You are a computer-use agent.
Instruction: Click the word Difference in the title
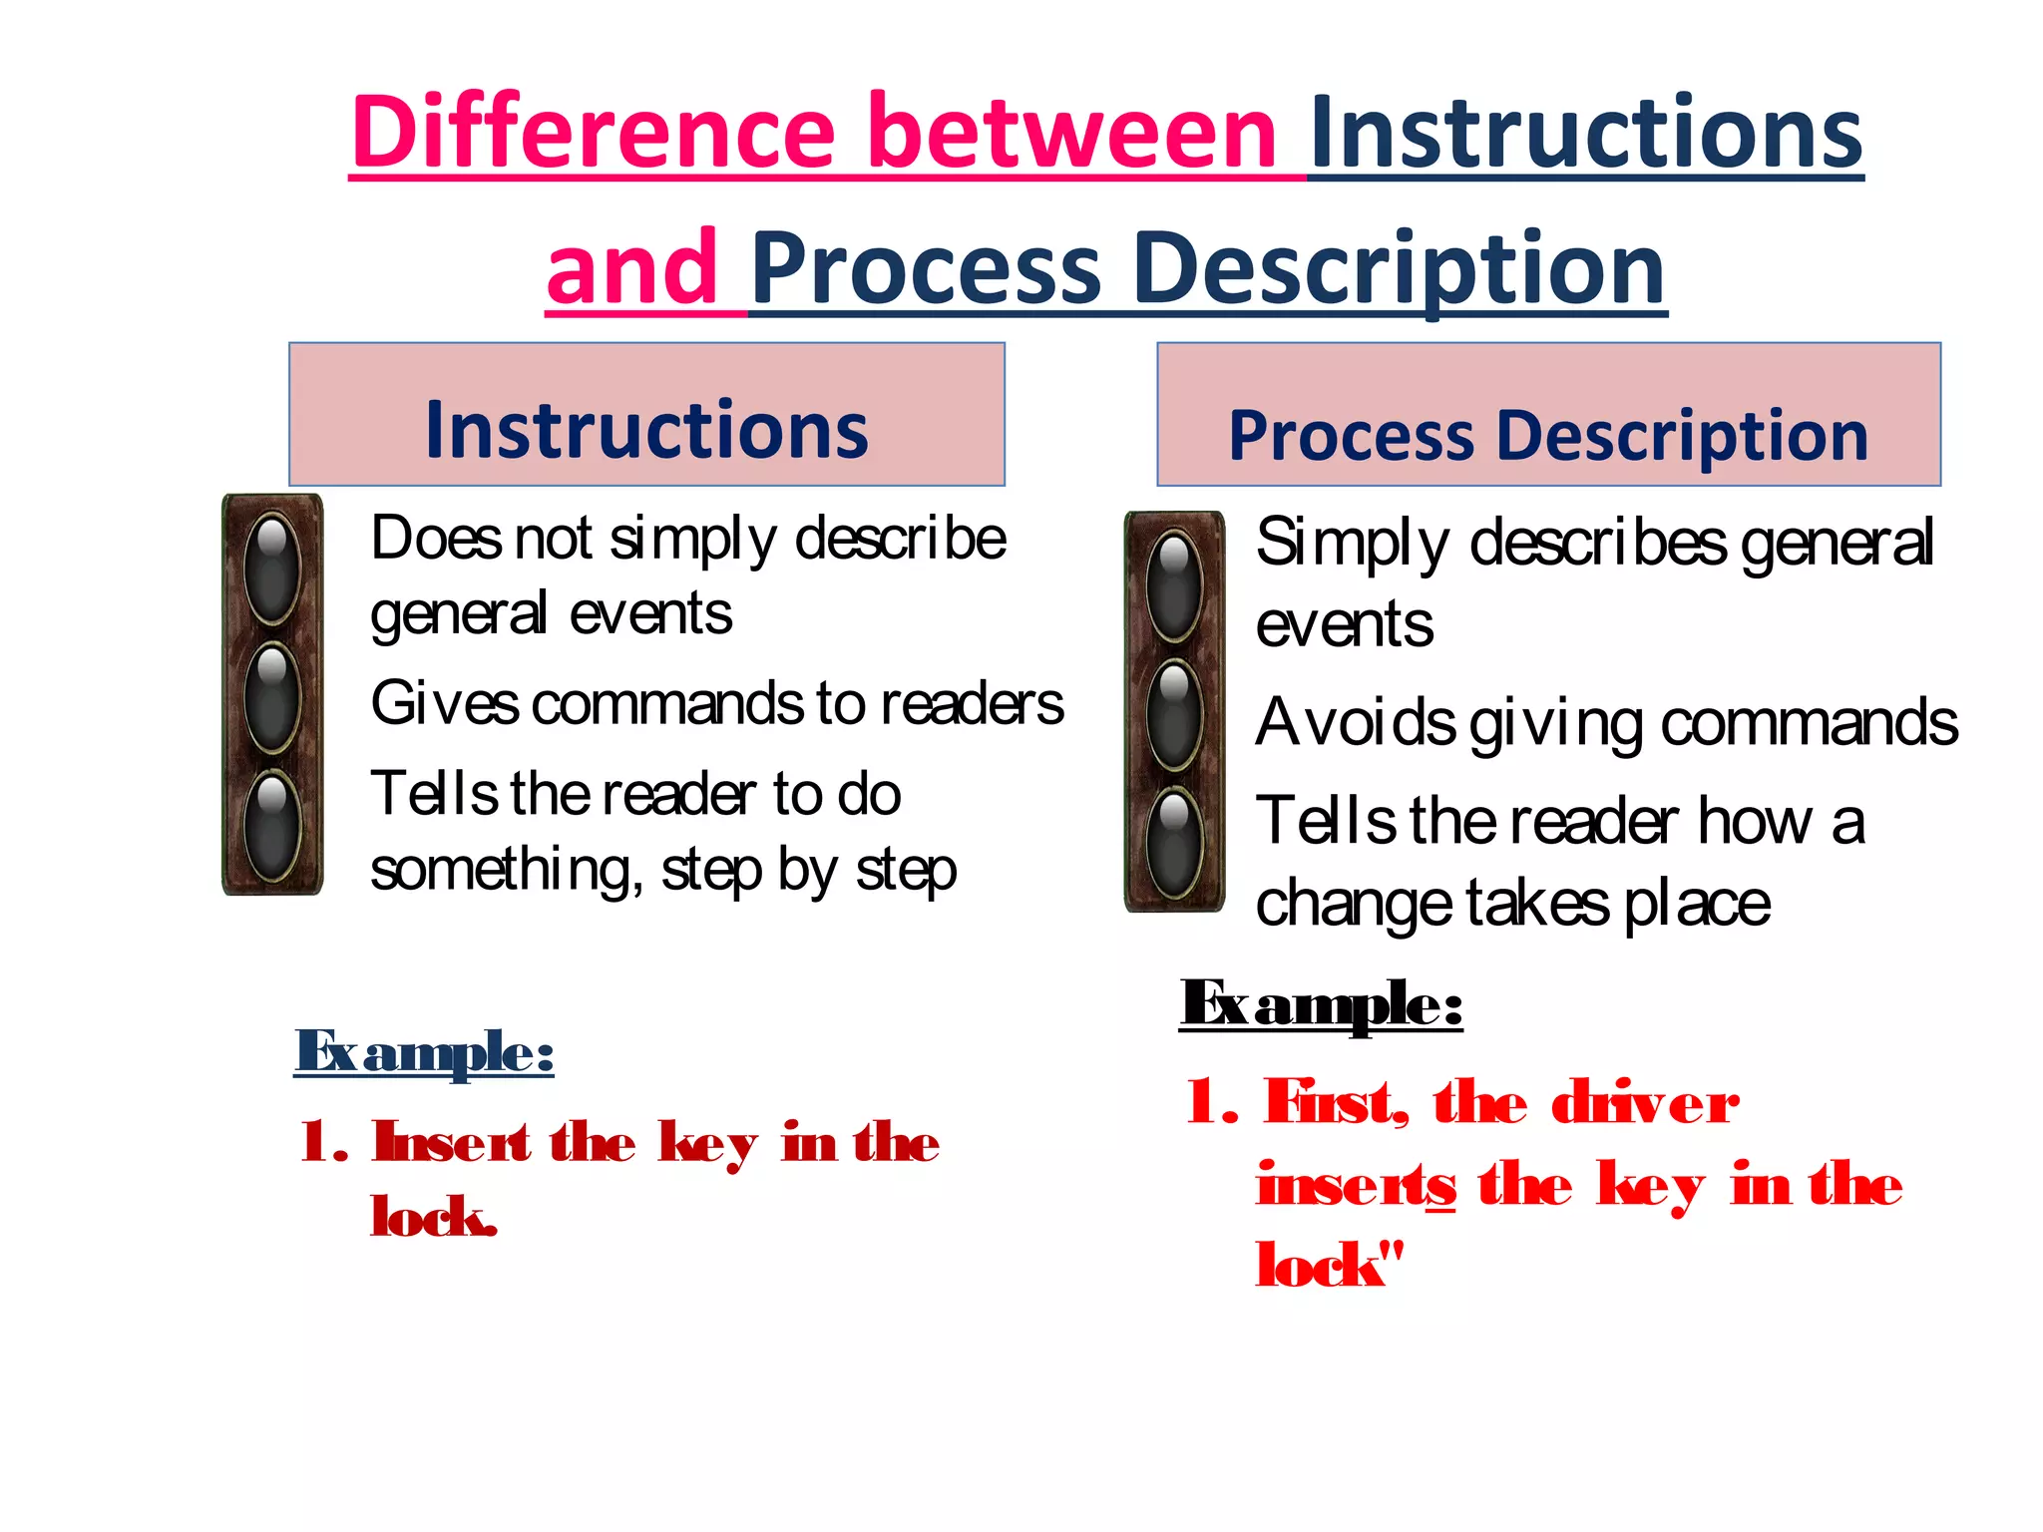[x=593, y=132]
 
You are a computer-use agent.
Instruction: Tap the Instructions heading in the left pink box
[x=646, y=430]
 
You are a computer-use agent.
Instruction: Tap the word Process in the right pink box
[x=1351, y=436]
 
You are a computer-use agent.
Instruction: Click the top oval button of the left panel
[x=271, y=566]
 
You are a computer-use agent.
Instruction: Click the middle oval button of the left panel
[x=271, y=695]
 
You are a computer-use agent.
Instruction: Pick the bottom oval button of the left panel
[x=271, y=824]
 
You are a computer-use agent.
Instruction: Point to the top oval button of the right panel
[x=1174, y=583]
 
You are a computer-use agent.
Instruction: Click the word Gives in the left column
[x=445, y=704]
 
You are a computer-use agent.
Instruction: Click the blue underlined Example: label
[x=424, y=1051]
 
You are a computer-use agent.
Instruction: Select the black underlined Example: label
[x=1321, y=1003]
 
